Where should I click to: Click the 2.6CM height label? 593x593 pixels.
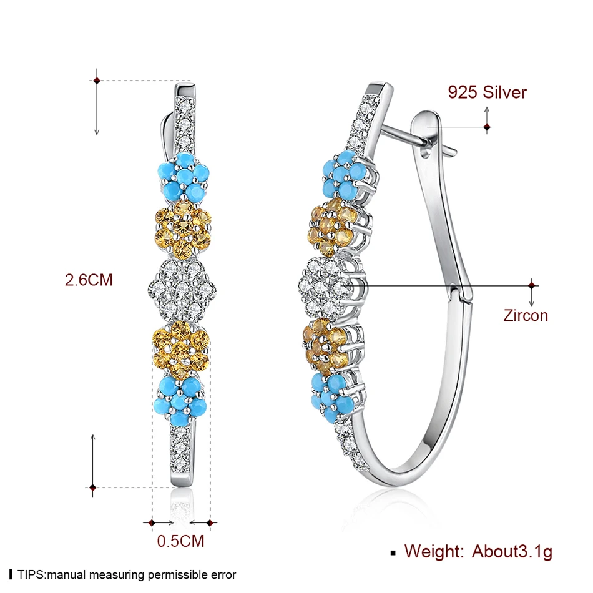tap(89, 280)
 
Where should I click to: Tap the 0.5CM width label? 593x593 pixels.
tap(180, 541)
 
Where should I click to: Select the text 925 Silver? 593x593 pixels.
tap(487, 92)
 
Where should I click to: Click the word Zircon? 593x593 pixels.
tap(526, 315)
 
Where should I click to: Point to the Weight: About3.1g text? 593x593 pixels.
tap(478, 551)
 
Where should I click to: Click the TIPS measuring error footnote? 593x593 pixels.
tap(122, 574)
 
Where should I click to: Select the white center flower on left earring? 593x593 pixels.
tap(182, 290)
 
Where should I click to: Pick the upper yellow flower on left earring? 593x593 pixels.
tap(184, 229)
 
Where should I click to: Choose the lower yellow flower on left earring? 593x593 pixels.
tap(181, 349)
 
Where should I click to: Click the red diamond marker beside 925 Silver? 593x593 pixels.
tap(487, 127)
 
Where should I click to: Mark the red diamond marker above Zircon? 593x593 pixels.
tap(532, 285)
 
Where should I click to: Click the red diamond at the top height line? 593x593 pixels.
tap(97, 81)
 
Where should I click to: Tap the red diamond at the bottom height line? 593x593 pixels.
tap(92, 488)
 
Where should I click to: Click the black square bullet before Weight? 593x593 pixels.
tap(393, 553)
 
